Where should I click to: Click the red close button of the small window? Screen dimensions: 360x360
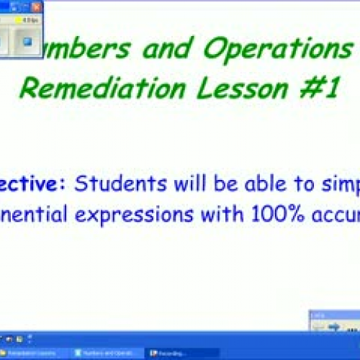(36, 7)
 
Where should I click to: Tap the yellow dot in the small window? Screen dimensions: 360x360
(18, 21)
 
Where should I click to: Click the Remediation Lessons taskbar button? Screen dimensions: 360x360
(32, 353)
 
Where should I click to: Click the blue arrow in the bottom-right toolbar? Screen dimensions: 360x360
(333, 327)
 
